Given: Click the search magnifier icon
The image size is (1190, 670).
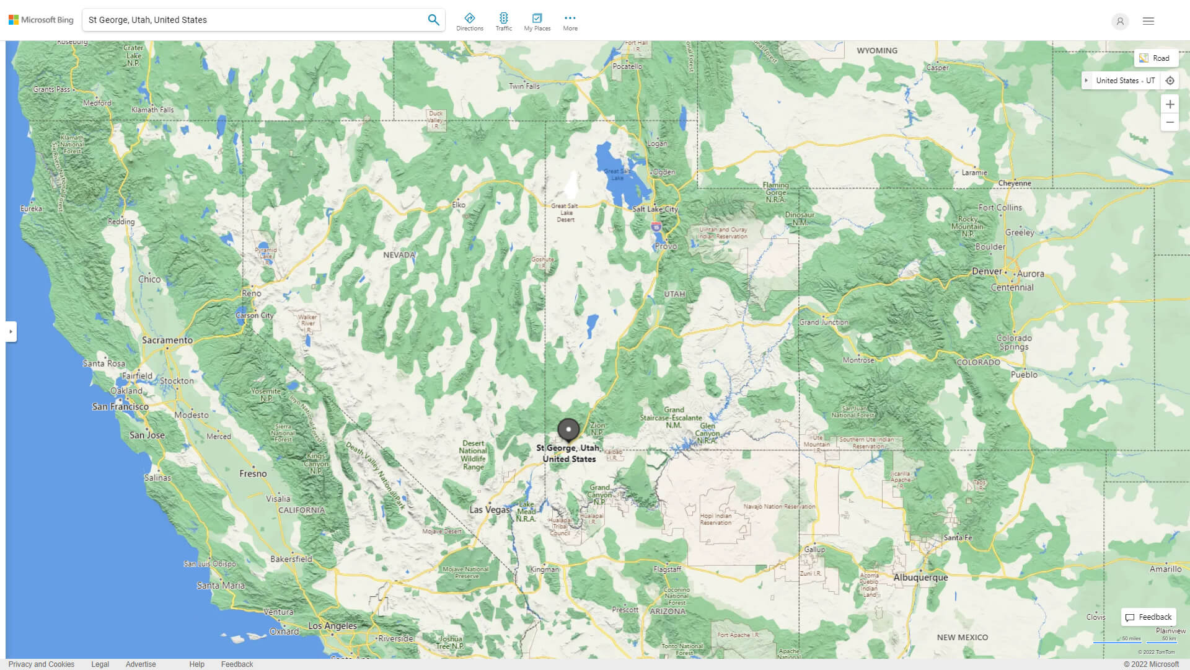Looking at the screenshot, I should [433, 20].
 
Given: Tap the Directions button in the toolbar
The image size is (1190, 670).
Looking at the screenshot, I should [469, 22].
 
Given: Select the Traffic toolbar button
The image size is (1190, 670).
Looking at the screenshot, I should [503, 22].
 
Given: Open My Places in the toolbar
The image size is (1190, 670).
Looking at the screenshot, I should [537, 22].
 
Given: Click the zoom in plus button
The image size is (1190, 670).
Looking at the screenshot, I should [1170, 104].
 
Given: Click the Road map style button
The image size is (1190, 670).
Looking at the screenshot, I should [1155, 58].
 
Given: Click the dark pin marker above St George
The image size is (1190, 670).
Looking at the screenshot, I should [568, 429].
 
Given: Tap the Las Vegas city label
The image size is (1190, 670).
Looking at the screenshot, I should [490, 509].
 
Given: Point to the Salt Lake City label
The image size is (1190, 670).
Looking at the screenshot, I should [655, 209].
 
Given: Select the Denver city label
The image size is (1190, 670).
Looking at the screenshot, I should [987, 271].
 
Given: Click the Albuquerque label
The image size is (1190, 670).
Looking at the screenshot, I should [920, 578].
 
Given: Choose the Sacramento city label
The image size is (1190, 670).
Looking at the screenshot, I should [167, 340].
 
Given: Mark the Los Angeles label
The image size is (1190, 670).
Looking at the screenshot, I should [332, 625].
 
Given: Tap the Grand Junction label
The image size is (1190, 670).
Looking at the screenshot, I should [824, 322].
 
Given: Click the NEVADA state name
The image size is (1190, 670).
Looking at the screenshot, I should [399, 255].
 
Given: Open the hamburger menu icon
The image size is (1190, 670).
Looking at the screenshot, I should [1148, 21].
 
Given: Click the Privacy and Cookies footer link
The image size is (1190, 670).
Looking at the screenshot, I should [42, 664].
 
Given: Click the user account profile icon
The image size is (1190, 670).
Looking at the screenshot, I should [1120, 22].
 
